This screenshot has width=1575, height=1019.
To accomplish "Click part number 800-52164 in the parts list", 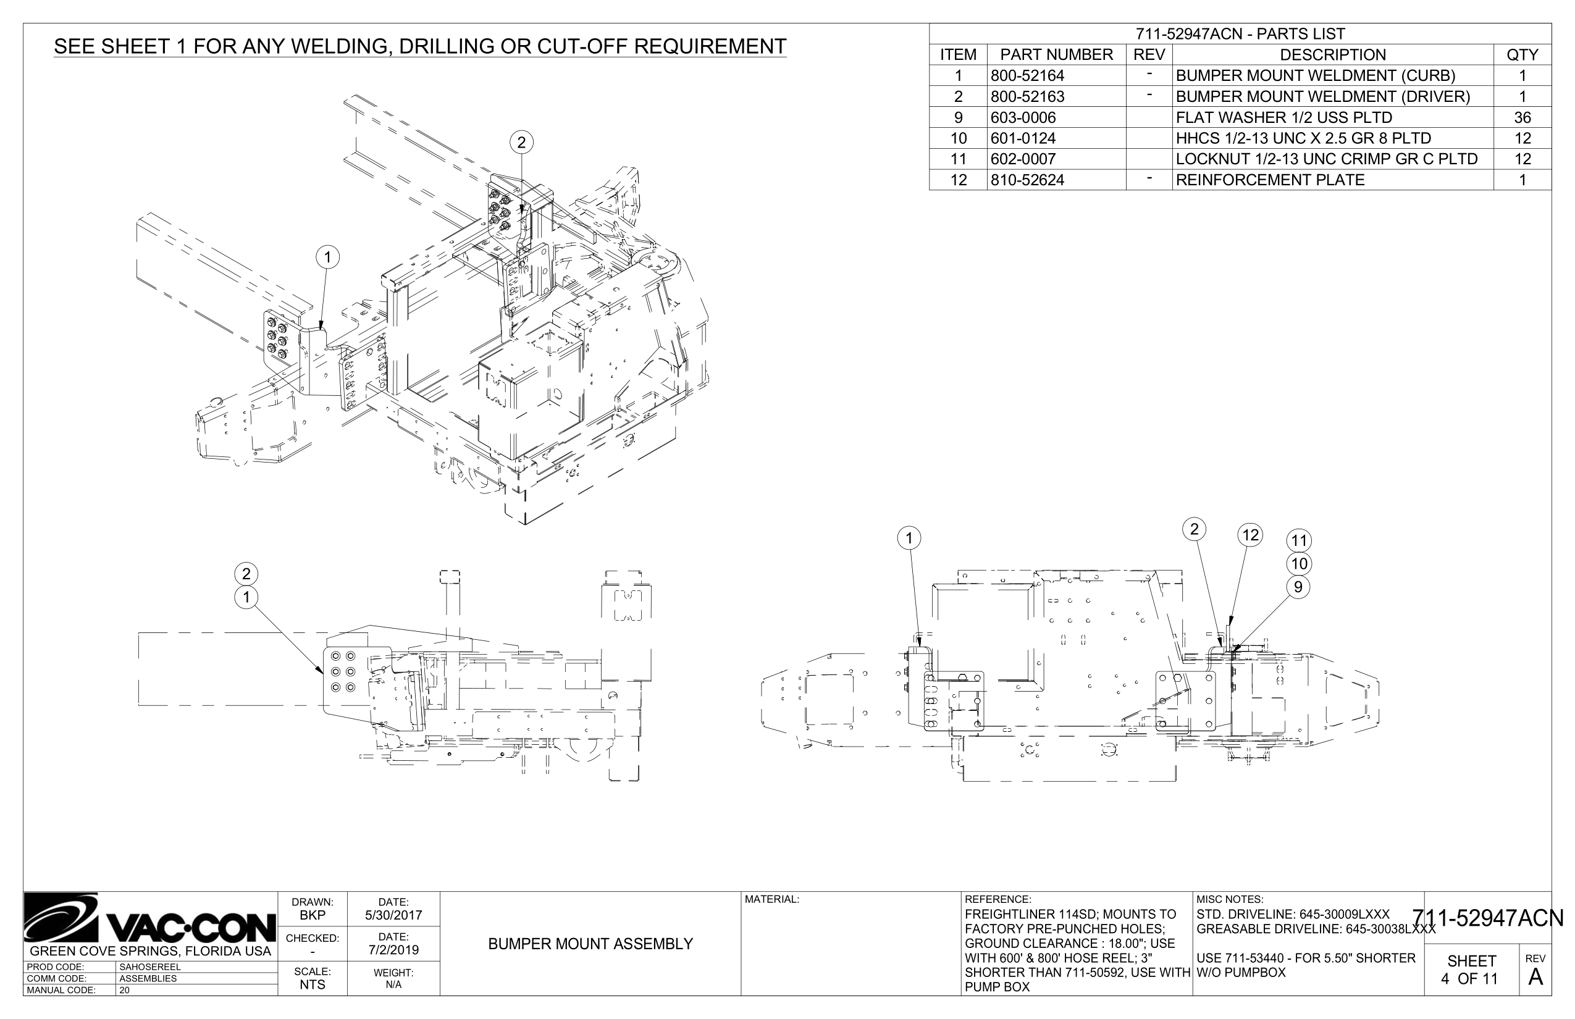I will (x=1027, y=75).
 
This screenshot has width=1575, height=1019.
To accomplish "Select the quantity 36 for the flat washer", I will (x=1522, y=117).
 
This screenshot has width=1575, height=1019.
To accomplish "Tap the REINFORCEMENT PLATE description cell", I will (x=1270, y=180).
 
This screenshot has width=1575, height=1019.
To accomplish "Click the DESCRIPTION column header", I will (x=1332, y=54).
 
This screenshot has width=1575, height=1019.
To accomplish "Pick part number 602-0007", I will (x=1022, y=159).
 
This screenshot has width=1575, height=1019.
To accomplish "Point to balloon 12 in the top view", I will (x=1250, y=535).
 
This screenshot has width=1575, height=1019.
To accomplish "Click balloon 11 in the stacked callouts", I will (x=1299, y=540).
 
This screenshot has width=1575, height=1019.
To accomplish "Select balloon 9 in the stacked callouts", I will (x=1298, y=587).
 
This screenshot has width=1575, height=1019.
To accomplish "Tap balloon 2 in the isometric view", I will (x=521, y=142).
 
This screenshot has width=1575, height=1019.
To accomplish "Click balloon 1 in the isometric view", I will (x=327, y=257).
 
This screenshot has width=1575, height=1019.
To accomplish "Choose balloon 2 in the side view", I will (x=246, y=574).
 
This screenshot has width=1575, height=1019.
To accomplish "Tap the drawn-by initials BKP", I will (x=313, y=915).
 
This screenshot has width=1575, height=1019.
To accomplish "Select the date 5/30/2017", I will (x=393, y=915).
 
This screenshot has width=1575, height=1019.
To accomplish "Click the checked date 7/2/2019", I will (x=393, y=950).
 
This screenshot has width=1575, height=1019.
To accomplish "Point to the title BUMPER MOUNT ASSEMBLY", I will (x=590, y=944).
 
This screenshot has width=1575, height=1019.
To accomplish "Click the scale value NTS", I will (x=313, y=984).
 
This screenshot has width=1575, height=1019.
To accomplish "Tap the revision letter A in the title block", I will (x=1535, y=976).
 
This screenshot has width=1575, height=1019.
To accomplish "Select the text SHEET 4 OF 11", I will (x=1471, y=970).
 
